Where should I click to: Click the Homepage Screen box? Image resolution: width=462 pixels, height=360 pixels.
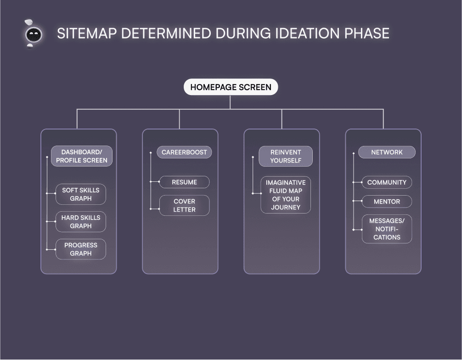(231, 87)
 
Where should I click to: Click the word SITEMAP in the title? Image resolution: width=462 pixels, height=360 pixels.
(85, 34)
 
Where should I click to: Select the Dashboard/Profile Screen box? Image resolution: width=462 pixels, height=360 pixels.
(82, 156)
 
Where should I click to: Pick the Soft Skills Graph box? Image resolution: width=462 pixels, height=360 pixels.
(81, 194)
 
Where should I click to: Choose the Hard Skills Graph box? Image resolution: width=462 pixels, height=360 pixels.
(81, 222)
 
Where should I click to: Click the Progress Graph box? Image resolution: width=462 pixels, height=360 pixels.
(81, 249)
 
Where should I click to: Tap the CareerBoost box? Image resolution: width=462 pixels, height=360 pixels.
(184, 152)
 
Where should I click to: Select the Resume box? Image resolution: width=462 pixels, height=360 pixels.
(184, 182)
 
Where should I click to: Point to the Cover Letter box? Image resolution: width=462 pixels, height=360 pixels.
(184, 205)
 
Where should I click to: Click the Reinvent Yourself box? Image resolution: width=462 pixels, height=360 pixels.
(286, 156)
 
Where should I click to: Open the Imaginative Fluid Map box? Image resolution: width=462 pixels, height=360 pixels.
(286, 195)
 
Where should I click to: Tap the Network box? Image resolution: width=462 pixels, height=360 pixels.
(387, 152)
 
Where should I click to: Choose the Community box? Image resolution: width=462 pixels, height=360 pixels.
(387, 182)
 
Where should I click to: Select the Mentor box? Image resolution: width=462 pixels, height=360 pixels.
(387, 202)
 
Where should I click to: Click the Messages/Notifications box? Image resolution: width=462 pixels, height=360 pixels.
(387, 229)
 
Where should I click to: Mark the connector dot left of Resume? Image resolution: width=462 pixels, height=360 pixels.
(159, 182)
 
